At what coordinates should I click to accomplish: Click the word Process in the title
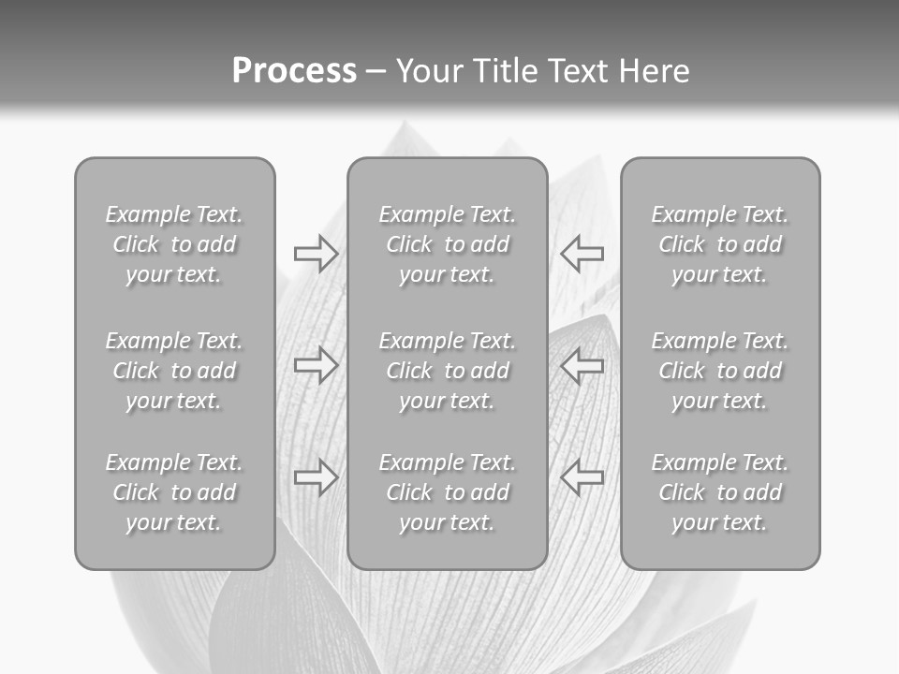click(294, 71)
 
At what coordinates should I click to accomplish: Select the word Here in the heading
click(654, 71)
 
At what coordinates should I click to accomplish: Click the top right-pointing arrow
click(316, 254)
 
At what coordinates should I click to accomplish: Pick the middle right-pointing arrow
click(316, 365)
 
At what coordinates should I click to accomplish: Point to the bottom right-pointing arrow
click(316, 476)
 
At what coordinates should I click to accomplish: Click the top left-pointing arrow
click(582, 254)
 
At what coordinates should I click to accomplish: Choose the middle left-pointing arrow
click(582, 365)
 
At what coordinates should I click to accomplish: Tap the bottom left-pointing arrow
click(582, 476)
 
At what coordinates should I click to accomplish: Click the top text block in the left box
click(174, 244)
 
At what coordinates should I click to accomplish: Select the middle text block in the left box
click(174, 371)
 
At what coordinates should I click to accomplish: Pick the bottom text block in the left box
click(174, 492)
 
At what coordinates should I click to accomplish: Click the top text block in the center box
click(447, 244)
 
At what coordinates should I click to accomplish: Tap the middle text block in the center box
click(447, 371)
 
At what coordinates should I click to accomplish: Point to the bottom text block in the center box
click(447, 492)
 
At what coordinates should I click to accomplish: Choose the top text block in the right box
click(719, 244)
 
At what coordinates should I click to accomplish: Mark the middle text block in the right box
click(719, 371)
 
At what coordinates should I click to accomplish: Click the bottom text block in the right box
click(719, 492)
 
